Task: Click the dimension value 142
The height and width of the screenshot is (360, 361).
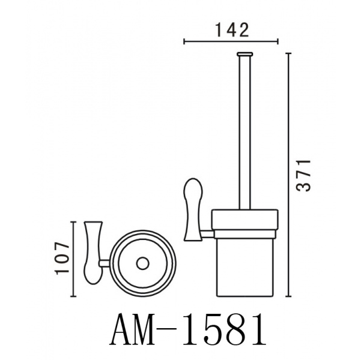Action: [232, 30]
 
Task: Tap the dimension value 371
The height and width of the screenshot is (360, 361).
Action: [304, 175]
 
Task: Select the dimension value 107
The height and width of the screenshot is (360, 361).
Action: [62, 258]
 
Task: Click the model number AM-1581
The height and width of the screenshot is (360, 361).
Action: [187, 331]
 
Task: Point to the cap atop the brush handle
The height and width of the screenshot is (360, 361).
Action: [244, 54]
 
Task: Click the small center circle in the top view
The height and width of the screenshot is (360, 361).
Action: [143, 263]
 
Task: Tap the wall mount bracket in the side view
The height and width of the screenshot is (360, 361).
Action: [192, 209]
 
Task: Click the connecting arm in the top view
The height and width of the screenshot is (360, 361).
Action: [105, 263]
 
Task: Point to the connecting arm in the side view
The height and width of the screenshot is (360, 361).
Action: [207, 234]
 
